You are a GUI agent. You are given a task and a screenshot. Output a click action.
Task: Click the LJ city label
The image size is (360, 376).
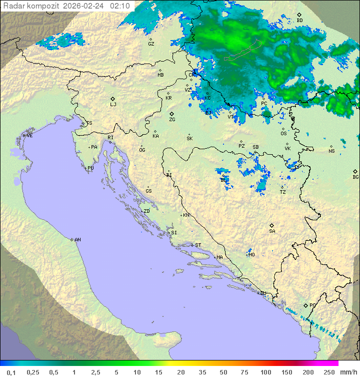(x=113, y=105)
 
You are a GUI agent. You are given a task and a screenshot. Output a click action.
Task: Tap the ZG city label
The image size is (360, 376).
(x=172, y=120)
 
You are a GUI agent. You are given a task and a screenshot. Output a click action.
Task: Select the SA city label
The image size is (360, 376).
(x=272, y=231)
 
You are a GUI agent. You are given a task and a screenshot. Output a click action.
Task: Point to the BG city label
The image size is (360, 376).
(x=355, y=177)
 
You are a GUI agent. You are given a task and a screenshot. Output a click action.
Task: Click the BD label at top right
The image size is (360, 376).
(x=299, y=21)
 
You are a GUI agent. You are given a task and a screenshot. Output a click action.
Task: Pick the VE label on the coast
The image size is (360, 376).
(x=29, y=136)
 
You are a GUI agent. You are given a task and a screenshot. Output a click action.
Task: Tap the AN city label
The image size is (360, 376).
(x=77, y=240)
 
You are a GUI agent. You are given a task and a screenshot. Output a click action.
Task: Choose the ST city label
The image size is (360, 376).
(x=198, y=245)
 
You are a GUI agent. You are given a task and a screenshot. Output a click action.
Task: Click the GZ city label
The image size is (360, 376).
(x=151, y=44)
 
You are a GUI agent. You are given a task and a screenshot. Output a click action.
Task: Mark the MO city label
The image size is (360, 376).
(x=251, y=255)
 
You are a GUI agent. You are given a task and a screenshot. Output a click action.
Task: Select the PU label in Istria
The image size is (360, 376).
(x=90, y=168)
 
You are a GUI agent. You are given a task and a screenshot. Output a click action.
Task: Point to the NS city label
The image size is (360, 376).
(x=331, y=151)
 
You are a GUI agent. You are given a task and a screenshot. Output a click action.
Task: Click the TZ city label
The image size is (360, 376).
(x=283, y=192)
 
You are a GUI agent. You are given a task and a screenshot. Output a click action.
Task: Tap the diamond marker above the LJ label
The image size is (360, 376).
(x=113, y=99)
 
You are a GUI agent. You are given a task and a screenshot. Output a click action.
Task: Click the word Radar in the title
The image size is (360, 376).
(x=13, y=6)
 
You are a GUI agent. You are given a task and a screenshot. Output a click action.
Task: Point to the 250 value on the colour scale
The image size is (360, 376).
(x=328, y=372)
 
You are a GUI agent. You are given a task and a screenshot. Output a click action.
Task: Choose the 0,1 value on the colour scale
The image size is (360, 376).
(x=10, y=372)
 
